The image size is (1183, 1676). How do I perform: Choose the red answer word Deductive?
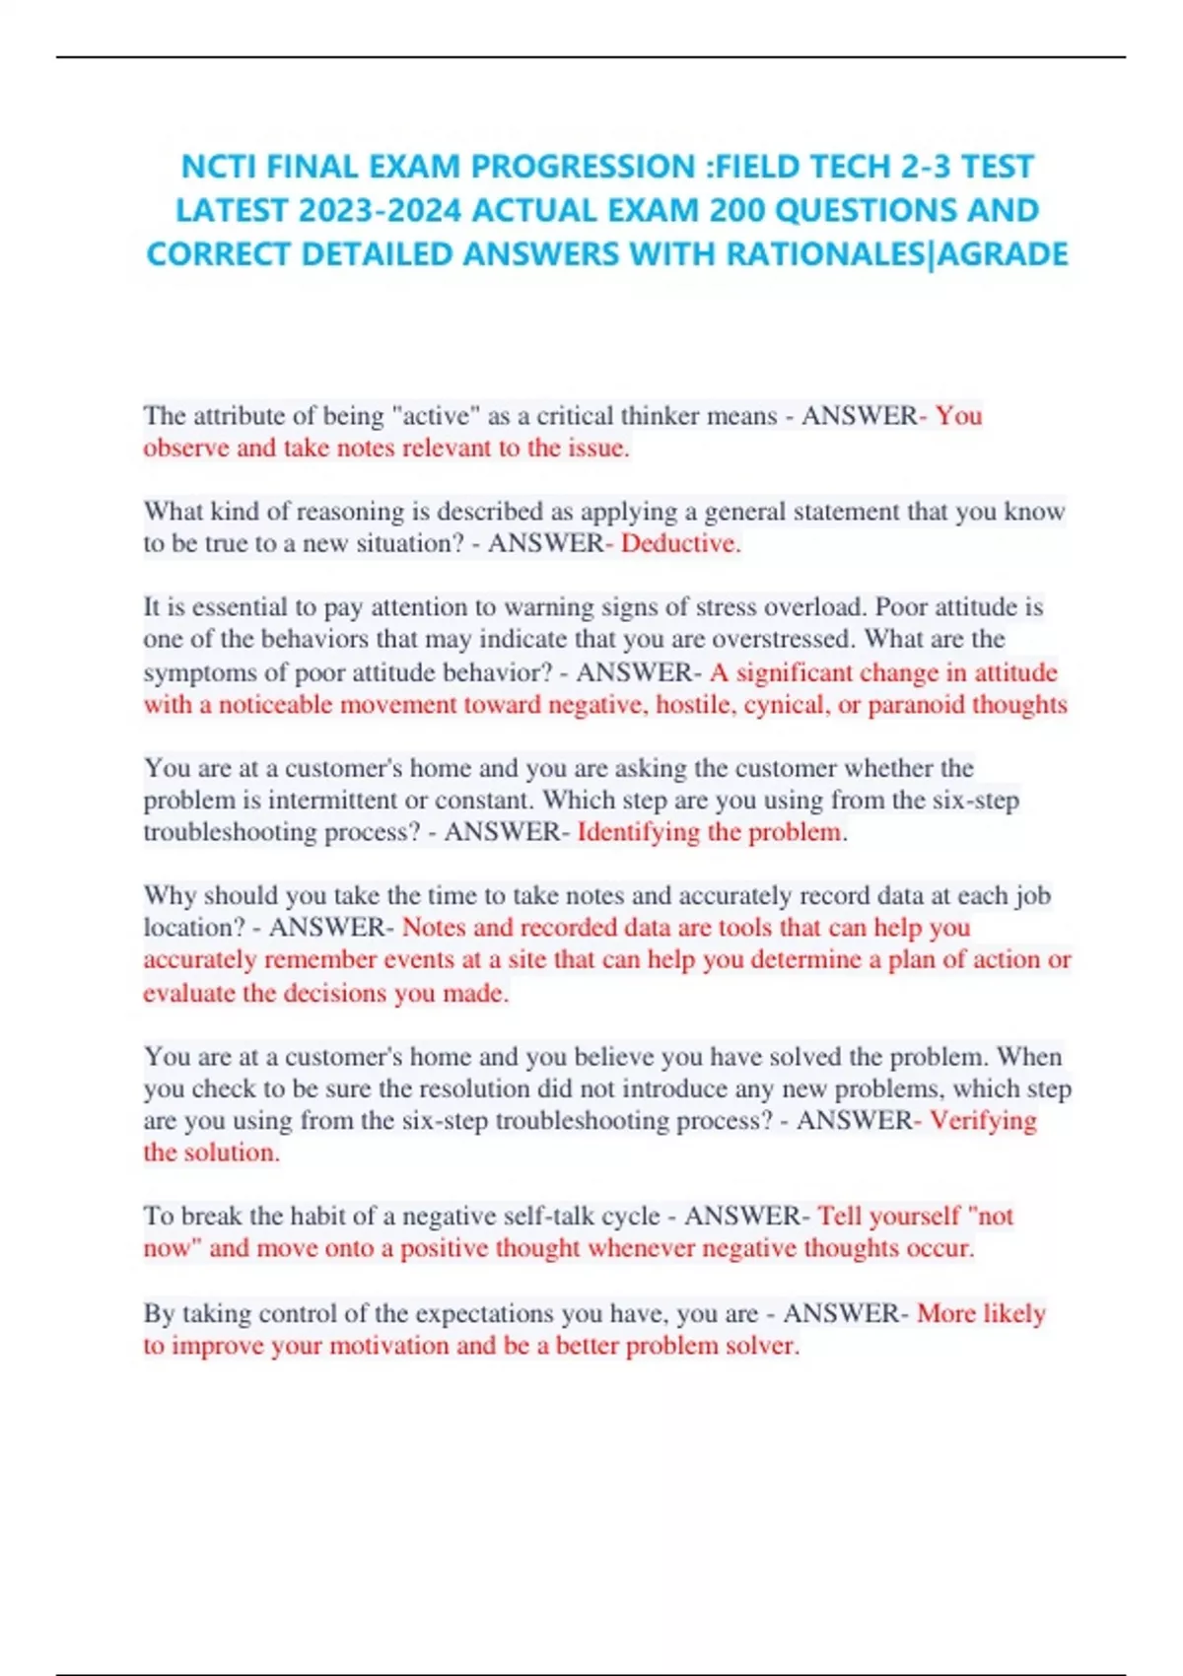pyautogui.click(x=680, y=543)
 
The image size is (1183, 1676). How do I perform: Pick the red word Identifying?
pyautogui.click(x=638, y=832)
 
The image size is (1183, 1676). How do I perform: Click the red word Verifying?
pyautogui.click(x=983, y=1121)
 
